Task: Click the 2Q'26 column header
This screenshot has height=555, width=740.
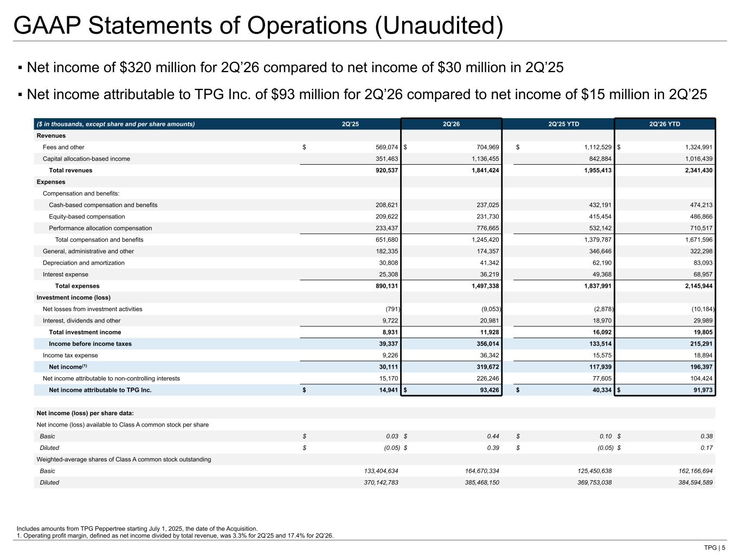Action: pos(451,124)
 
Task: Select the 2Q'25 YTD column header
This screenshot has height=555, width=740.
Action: pos(563,124)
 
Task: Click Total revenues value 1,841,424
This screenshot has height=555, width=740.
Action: pos(485,170)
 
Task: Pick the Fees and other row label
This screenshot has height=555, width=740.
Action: pos(63,147)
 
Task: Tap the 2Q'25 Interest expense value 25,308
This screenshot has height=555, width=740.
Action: pos(388,274)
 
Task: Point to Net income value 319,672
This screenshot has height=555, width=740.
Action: pos(487,366)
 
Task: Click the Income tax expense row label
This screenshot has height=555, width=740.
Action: pos(70,355)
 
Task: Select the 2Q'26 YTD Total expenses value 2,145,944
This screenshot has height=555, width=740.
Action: pos(699,286)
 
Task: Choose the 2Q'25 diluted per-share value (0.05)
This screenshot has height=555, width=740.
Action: pos(392,448)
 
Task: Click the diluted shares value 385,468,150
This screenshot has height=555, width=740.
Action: pos(482,482)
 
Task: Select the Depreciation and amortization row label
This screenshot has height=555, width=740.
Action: pos(83,263)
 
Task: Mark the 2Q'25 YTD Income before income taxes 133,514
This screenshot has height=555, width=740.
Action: pos(600,344)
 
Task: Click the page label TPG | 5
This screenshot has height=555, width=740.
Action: pos(715,547)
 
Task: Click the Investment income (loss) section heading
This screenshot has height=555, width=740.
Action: pos(74,298)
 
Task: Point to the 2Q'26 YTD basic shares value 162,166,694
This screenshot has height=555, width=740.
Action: pos(696,471)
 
